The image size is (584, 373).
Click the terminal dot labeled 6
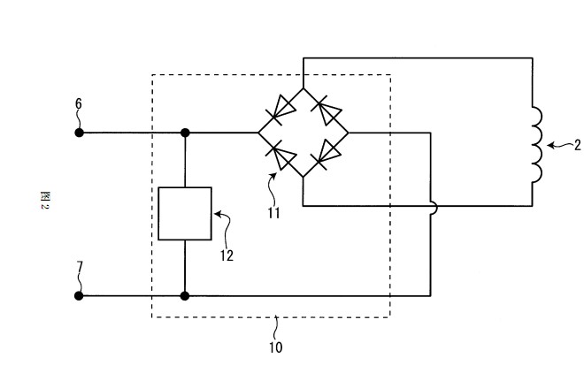(x=79, y=133)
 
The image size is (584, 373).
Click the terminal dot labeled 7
(x=79, y=295)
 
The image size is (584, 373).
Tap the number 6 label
(x=78, y=103)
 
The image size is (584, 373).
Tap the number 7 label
(x=80, y=267)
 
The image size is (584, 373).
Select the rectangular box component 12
(x=185, y=214)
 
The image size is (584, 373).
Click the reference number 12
(x=227, y=255)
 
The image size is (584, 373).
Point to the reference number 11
(x=273, y=213)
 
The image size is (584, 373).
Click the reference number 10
(x=275, y=347)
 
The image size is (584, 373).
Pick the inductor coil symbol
(x=537, y=145)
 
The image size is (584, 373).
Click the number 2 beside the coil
(x=577, y=145)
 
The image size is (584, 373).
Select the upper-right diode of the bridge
(x=326, y=110)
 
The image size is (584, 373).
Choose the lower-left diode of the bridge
(x=281, y=156)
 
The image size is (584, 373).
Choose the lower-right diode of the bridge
(x=326, y=155)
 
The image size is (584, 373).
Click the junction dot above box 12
(x=185, y=133)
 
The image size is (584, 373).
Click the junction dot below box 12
(x=185, y=295)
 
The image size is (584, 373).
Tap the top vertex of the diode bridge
(x=304, y=88)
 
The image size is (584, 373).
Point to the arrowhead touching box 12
(x=218, y=214)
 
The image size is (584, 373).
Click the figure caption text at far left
(x=44, y=200)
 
